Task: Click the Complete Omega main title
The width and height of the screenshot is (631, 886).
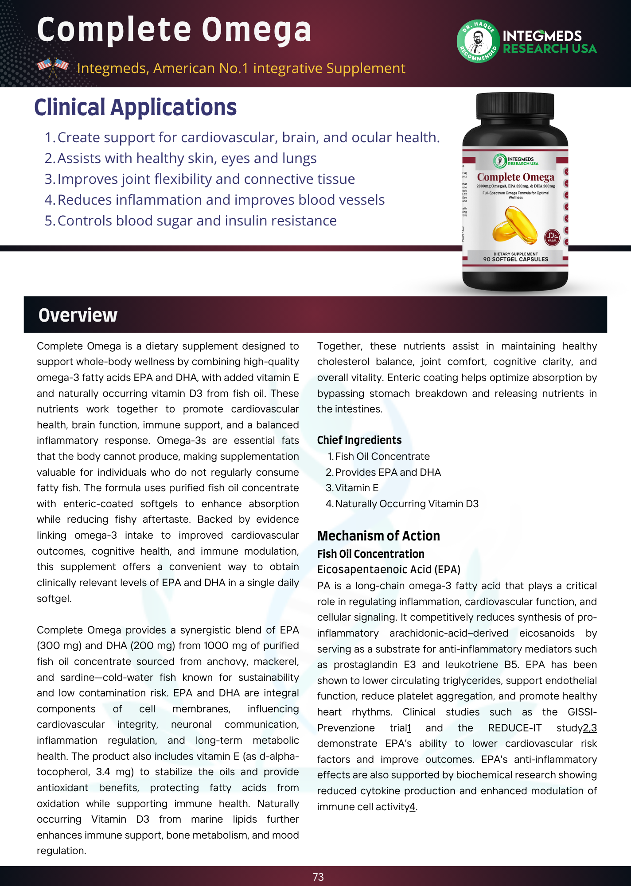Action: pyautogui.click(x=174, y=30)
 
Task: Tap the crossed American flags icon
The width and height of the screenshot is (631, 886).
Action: pyautogui.click(x=53, y=67)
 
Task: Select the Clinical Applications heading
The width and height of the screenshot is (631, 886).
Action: pyautogui.click(x=135, y=108)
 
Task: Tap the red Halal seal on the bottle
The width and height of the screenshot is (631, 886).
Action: pyautogui.click(x=552, y=237)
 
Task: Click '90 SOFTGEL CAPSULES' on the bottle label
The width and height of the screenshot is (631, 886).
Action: pyautogui.click(x=515, y=259)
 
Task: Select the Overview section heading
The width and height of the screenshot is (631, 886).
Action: pyautogui.click(x=78, y=315)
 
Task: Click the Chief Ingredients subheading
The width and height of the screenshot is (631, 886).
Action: pyautogui.click(x=359, y=440)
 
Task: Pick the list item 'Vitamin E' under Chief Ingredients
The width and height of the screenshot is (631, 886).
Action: pyautogui.click(x=357, y=488)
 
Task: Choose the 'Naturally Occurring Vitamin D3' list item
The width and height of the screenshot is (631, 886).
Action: pyautogui.click(x=407, y=504)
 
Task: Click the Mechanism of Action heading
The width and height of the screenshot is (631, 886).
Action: pyautogui.click(x=378, y=536)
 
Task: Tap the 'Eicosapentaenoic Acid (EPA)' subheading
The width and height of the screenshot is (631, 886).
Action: pyautogui.click(x=389, y=569)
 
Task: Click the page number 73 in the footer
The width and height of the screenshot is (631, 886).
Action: pyautogui.click(x=318, y=877)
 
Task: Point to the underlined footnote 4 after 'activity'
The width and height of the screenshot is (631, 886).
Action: pyautogui.click(x=413, y=807)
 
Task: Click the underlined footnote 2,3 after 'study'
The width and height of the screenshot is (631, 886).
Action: pyautogui.click(x=590, y=728)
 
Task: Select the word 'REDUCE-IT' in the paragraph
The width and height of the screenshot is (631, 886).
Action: pyautogui.click(x=514, y=728)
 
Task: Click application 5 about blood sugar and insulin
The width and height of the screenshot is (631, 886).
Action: pyautogui.click(x=197, y=221)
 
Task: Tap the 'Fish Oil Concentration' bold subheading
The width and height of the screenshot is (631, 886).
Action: pyautogui.click(x=370, y=554)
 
